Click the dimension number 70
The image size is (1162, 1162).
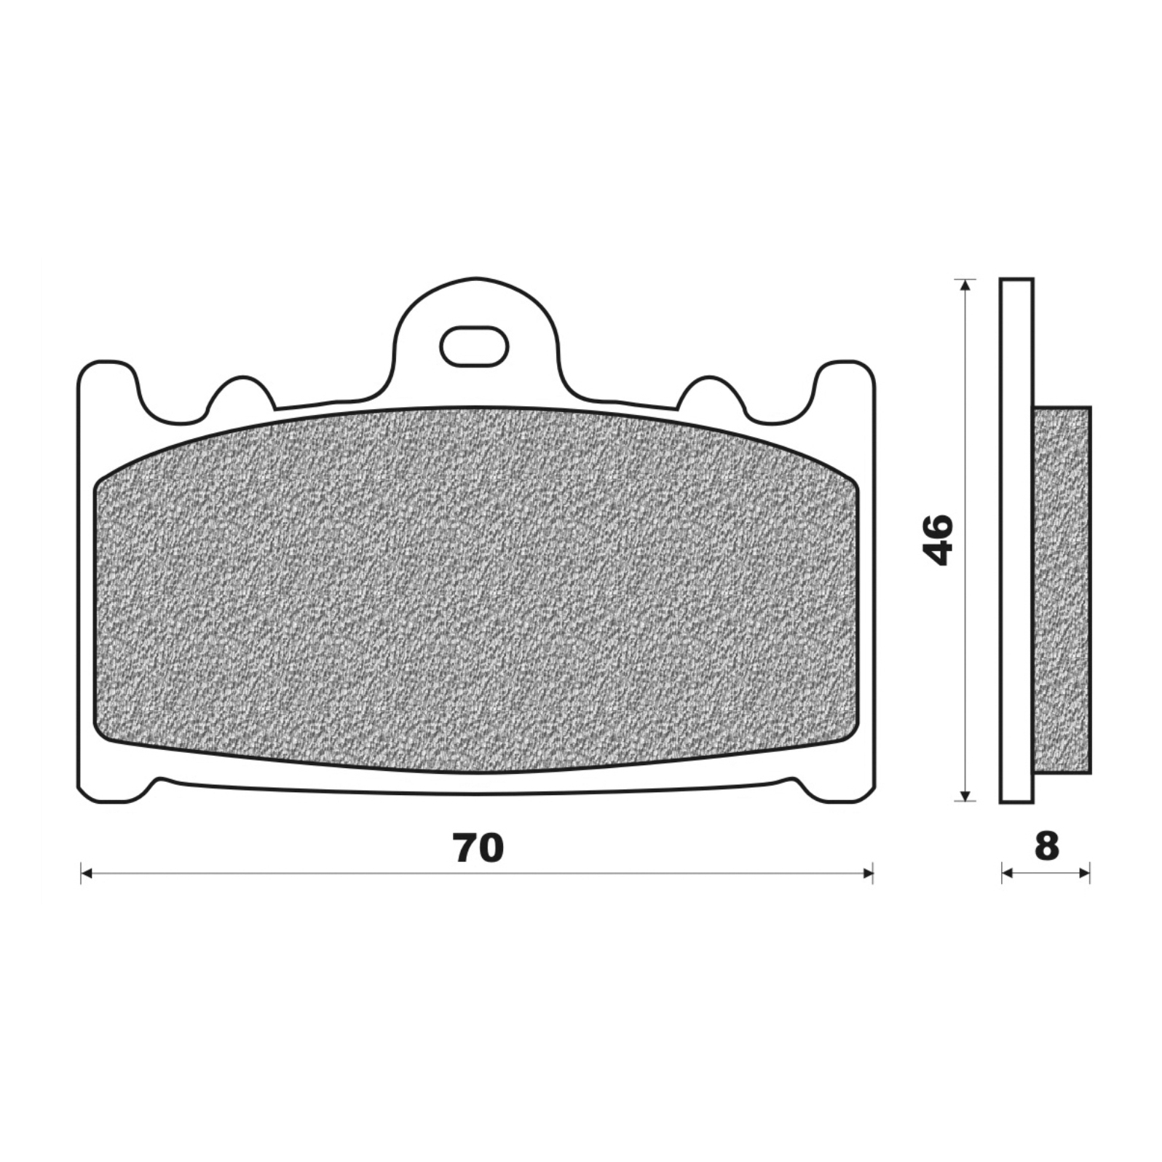pyautogui.click(x=478, y=847)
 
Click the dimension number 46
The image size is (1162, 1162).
pyautogui.click(x=938, y=539)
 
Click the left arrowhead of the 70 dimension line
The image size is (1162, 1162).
pyautogui.click(x=85, y=873)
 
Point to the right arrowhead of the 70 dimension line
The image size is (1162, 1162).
pyautogui.click(x=867, y=873)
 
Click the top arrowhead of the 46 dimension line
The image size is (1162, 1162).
pyautogui.click(x=965, y=285)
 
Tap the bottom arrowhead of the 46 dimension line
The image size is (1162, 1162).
pyautogui.click(x=965, y=796)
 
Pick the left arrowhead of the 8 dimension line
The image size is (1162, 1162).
pyautogui.click(x=1007, y=873)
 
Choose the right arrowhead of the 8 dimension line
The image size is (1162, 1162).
pyautogui.click(x=1084, y=873)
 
